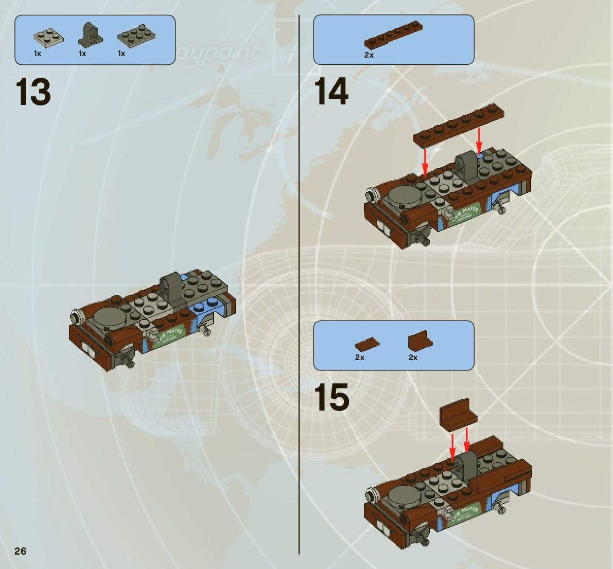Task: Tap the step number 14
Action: [x=331, y=93]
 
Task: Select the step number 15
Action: [x=331, y=398]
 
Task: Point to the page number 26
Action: [x=21, y=551]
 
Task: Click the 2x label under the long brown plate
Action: [x=369, y=55]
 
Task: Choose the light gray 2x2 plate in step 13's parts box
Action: [x=48, y=37]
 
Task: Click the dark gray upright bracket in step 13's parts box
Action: [x=90, y=34]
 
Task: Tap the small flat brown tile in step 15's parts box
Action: [x=367, y=344]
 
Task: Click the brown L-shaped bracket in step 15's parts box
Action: [x=420, y=341]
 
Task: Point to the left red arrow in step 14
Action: [x=425, y=161]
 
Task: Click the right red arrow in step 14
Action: [x=479, y=140]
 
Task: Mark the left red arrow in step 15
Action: [x=452, y=447]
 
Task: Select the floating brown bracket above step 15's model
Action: [x=457, y=413]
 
